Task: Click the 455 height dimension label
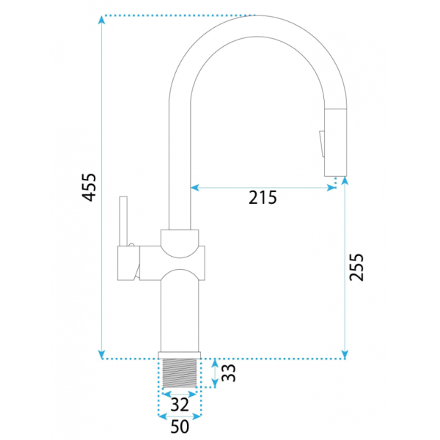[89, 187]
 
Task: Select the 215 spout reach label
[263, 197]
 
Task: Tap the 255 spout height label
[356, 267]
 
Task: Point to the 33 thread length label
[229, 373]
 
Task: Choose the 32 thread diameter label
[180, 405]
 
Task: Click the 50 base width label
[180, 427]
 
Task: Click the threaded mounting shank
[180, 373]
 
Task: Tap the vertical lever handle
[123, 221]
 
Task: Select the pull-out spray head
[335, 142]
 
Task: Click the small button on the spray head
[322, 144]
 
